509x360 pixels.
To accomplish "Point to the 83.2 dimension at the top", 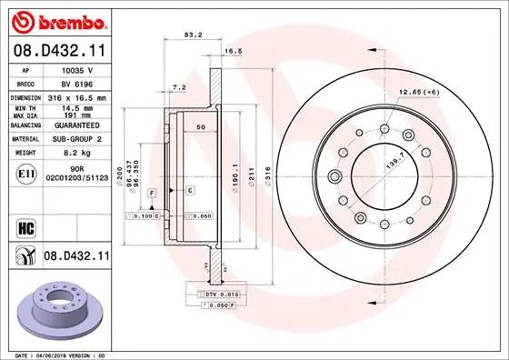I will click(192, 36).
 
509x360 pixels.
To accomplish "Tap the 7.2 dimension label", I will click(180, 88).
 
